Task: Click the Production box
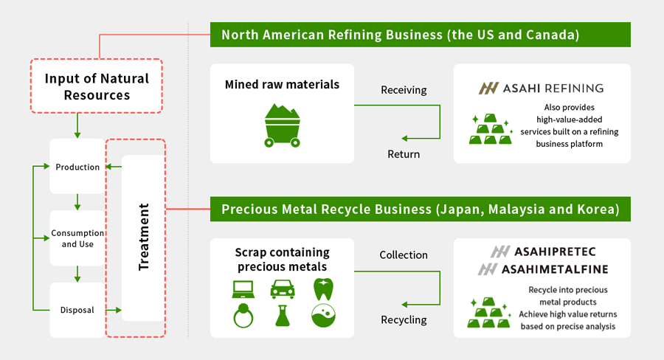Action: point(77,167)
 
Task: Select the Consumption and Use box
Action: point(77,238)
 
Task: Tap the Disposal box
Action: point(77,310)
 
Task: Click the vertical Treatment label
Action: point(144,237)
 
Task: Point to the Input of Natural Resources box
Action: point(96,86)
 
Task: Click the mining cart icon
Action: point(283,123)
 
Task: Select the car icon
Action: point(283,288)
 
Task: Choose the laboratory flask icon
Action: point(282,316)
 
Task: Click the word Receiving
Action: point(404,90)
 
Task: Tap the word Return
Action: point(404,154)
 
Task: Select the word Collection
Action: point(404,255)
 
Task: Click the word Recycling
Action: point(404,319)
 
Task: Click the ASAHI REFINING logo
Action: point(542,88)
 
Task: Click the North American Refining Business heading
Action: point(421,35)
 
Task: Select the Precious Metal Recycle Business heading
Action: point(421,209)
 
